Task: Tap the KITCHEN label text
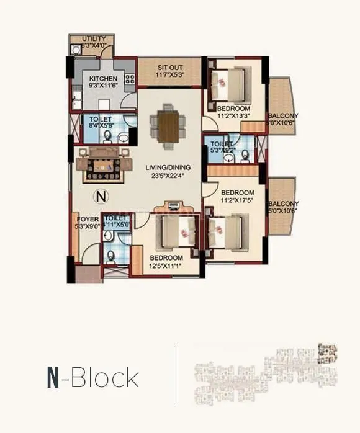tap(103, 78)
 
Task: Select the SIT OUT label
tap(170, 67)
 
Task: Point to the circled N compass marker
tap(99, 197)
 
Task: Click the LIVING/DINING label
tap(168, 167)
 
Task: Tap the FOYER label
tap(86, 219)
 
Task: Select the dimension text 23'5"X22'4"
tap(168, 176)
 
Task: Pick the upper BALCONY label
tap(283, 115)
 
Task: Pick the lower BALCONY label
tap(283, 203)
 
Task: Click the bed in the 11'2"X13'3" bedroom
tap(225, 83)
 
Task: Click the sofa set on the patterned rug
tap(103, 164)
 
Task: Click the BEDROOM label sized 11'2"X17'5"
tap(238, 192)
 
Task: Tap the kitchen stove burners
tap(130, 79)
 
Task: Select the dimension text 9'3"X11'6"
tap(103, 86)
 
